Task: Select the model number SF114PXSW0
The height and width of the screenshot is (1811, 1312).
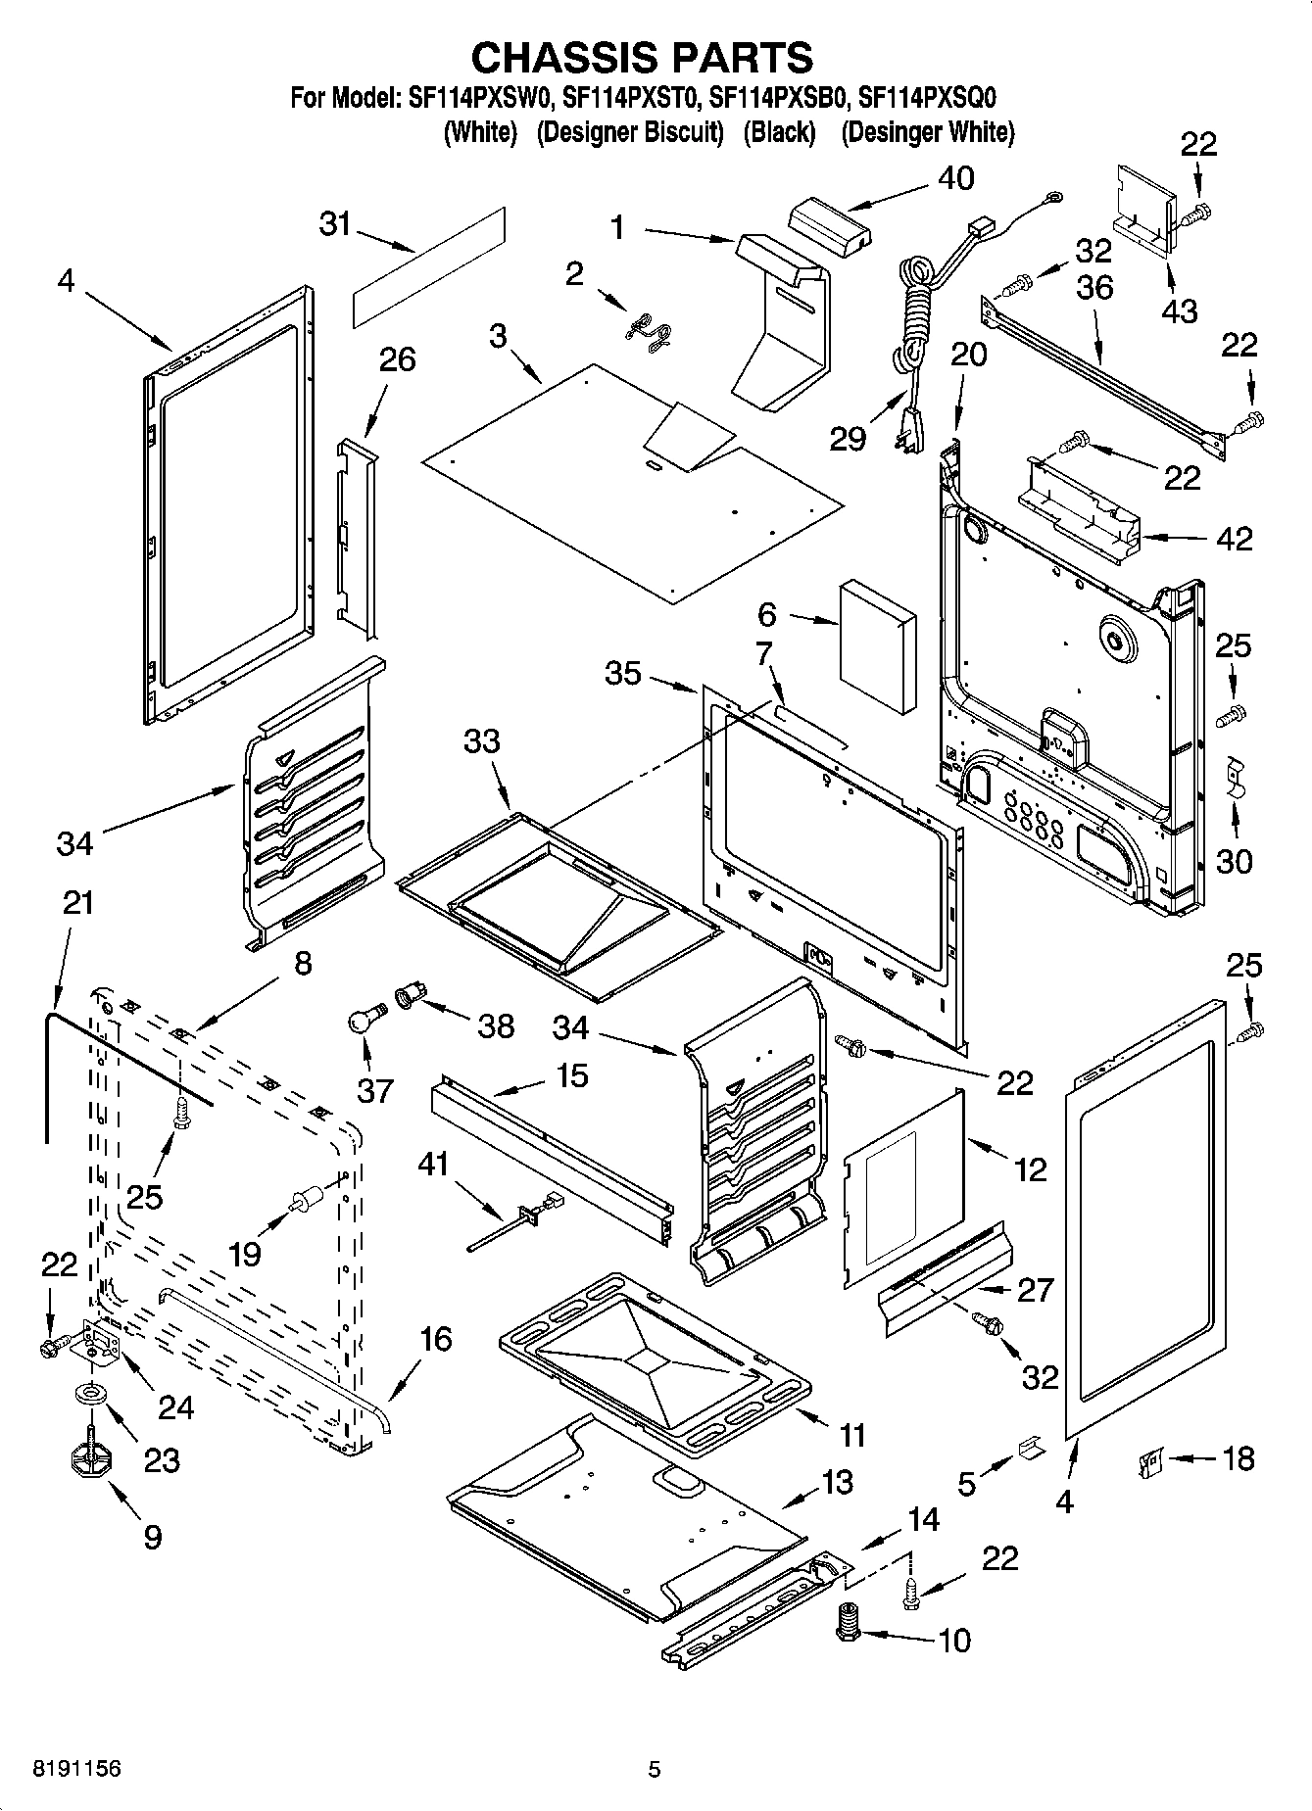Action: click(x=480, y=98)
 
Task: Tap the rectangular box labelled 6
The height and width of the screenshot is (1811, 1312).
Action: click(x=877, y=646)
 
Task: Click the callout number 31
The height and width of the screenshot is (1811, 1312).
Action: click(x=335, y=224)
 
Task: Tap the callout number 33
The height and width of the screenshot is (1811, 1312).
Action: click(x=481, y=741)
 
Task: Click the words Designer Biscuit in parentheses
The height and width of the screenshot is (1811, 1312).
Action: click(x=630, y=132)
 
